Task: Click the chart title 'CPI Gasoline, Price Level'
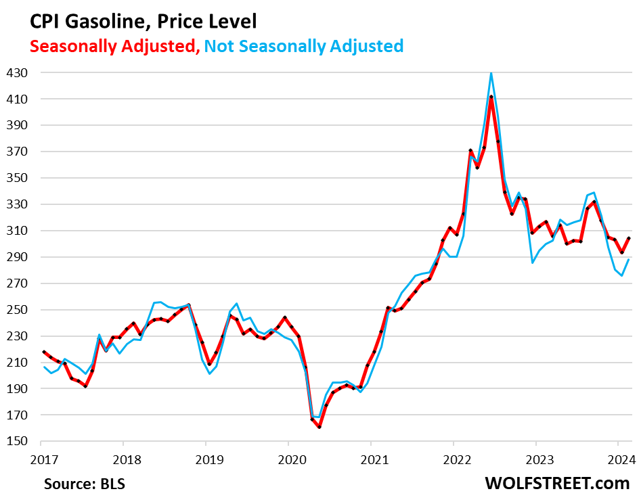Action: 143,22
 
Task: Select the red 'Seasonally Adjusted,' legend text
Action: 113,46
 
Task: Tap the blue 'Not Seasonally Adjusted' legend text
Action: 304,46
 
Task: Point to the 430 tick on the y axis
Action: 19,72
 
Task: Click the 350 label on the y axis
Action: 19,178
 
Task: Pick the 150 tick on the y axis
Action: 19,442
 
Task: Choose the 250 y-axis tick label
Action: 19,310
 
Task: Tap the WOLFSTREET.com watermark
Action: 557,484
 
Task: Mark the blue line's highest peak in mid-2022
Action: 491,72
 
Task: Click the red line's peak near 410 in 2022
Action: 491,97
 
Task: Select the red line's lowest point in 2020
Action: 319,427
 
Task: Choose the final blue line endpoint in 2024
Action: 629,259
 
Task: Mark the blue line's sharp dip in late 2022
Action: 532,262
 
